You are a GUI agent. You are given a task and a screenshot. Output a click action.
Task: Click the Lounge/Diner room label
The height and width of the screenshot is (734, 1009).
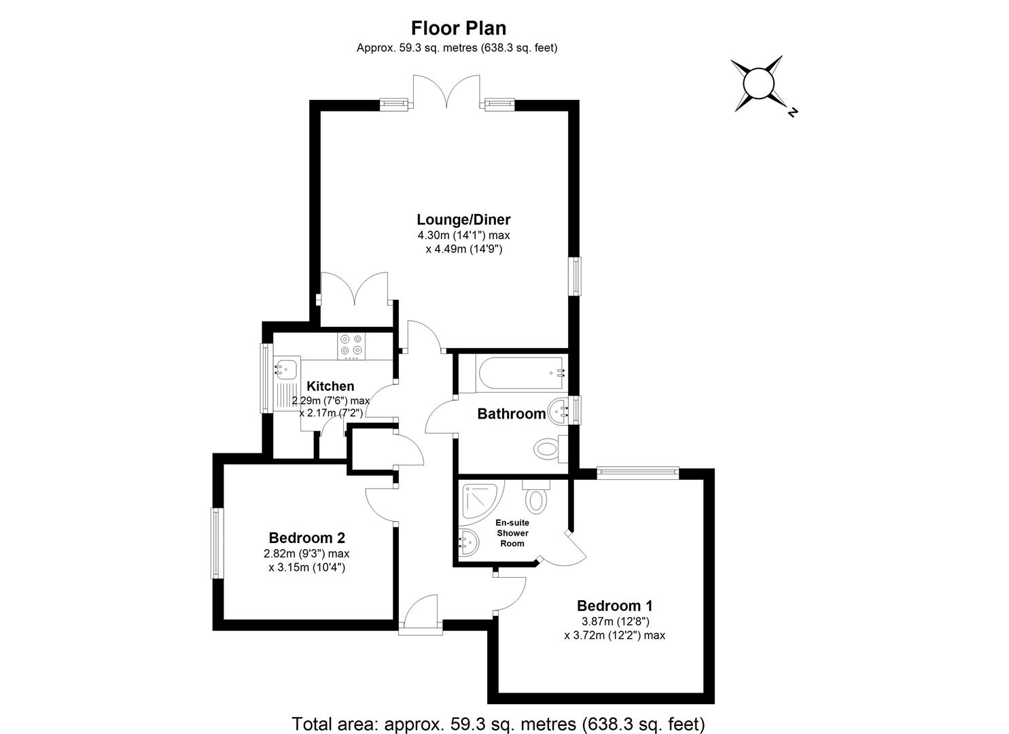463,220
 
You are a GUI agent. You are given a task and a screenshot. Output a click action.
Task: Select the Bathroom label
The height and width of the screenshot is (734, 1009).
511,413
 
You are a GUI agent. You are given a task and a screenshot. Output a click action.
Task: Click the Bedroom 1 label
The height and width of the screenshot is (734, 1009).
614,606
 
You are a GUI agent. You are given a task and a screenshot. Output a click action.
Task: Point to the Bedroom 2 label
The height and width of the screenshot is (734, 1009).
307,538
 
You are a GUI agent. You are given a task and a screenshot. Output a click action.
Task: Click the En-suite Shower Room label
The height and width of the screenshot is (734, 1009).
512,533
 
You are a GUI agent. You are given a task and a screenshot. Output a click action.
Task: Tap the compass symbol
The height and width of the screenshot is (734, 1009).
758,84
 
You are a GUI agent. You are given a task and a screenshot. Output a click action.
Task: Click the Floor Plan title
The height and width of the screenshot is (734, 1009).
459,28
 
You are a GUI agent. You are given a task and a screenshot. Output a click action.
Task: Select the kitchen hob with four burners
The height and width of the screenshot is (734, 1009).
352,345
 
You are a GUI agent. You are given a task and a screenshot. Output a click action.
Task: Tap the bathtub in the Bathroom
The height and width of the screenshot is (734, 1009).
520,374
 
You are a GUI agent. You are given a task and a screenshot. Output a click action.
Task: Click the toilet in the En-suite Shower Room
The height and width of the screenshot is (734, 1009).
536,497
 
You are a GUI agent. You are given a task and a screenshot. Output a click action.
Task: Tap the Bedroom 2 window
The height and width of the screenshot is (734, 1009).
216,543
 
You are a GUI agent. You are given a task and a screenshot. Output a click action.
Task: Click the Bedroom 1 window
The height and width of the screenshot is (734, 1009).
637,472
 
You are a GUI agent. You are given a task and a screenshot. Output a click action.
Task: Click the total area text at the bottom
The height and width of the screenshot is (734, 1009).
498,723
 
